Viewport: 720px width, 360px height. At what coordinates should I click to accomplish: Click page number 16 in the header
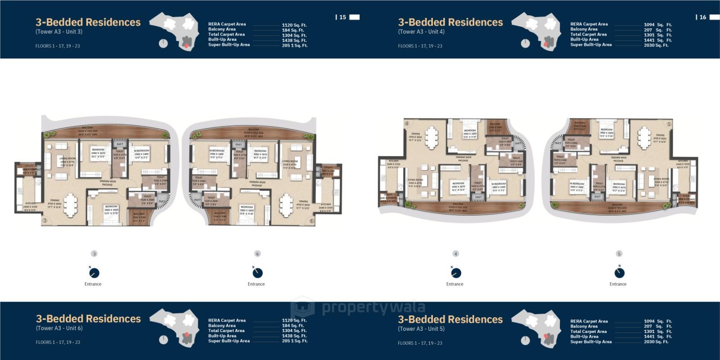[703, 17]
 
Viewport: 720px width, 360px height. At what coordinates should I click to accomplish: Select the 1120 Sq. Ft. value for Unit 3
[294, 25]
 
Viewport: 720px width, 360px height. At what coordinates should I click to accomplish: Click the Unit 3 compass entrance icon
[94, 273]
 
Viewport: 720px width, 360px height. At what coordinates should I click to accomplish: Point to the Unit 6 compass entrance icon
[257, 273]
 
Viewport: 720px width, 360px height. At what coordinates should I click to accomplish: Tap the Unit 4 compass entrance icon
[455, 273]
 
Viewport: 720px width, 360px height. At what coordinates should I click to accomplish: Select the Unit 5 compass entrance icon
[619, 273]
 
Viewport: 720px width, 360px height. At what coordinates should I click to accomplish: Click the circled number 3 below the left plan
[94, 254]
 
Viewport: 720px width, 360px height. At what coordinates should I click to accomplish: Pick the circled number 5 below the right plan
[619, 254]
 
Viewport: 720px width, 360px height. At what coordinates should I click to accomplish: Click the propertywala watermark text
[373, 308]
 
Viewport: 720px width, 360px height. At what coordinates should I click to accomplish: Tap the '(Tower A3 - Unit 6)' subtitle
[59, 328]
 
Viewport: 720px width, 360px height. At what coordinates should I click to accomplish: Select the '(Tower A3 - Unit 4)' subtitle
[421, 31]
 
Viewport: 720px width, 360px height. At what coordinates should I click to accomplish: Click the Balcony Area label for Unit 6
[222, 325]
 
